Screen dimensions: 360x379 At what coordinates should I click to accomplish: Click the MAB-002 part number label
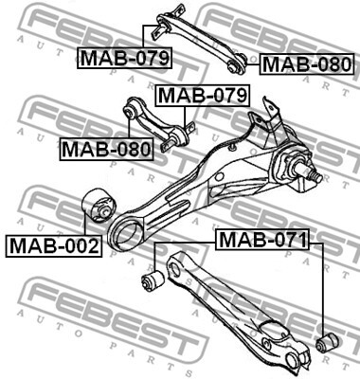[54, 246]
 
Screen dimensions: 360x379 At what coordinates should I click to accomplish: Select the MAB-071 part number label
[262, 240]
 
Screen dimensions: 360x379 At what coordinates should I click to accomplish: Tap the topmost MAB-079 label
[125, 58]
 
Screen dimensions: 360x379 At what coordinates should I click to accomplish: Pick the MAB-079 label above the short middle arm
[202, 95]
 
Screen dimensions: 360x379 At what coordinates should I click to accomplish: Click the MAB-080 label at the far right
[307, 64]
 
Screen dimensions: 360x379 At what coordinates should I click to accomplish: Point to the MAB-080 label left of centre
[106, 150]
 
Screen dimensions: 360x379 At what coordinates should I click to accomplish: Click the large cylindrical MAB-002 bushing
[99, 206]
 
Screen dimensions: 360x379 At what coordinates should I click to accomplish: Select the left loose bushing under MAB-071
[153, 280]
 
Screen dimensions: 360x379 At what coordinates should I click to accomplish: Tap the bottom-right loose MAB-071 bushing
[327, 342]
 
